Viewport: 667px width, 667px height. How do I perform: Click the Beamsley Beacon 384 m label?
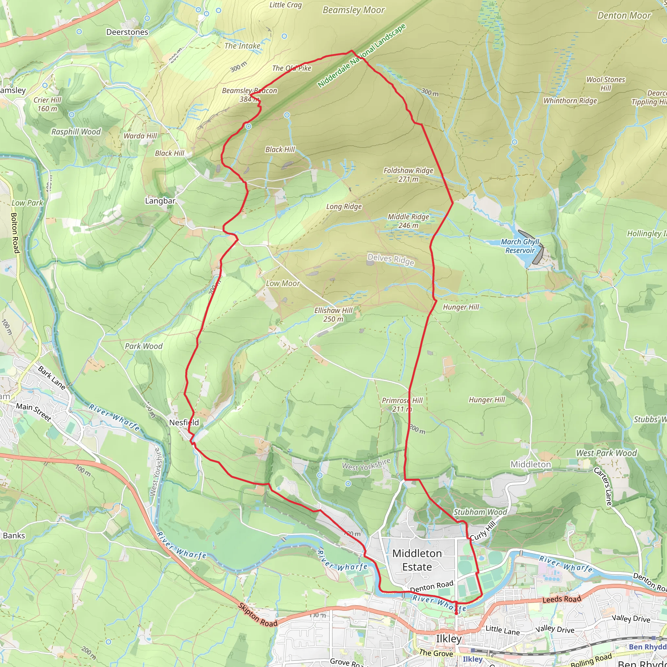click(249, 94)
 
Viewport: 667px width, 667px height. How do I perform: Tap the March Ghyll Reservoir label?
click(520, 246)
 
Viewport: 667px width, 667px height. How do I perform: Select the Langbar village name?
click(160, 201)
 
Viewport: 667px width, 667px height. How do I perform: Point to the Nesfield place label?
click(184, 422)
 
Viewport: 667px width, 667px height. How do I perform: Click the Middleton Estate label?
click(417, 560)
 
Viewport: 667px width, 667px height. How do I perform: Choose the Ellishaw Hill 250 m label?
click(333, 315)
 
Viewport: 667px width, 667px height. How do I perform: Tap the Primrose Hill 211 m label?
click(402, 404)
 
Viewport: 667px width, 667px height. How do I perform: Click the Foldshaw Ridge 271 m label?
click(408, 174)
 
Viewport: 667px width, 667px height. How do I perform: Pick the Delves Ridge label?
click(390, 259)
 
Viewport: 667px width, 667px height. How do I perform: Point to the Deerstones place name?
click(127, 32)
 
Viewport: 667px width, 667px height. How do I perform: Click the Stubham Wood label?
click(480, 512)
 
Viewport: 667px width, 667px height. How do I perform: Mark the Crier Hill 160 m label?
click(47, 104)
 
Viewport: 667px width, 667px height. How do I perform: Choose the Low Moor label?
click(282, 283)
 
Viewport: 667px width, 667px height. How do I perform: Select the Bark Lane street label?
click(51, 378)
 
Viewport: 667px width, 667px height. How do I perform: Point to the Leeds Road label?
click(562, 599)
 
